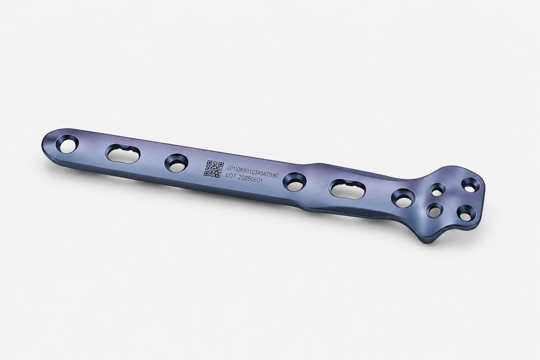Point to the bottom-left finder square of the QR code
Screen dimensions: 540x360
click(x=207, y=173)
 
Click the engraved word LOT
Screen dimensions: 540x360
click(x=231, y=176)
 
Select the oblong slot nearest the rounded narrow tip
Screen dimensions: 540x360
click(x=122, y=154)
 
